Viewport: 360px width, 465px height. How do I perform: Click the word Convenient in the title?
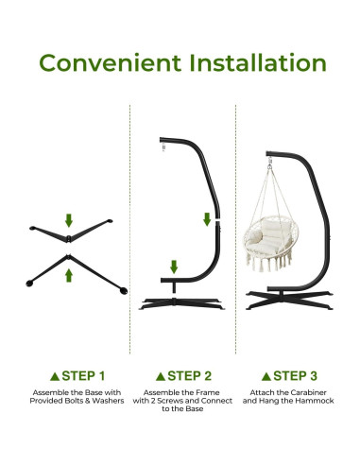coord(107,64)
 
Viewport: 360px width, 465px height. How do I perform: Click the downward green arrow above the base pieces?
coord(68,220)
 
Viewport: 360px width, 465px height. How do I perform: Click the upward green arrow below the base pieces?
coord(68,274)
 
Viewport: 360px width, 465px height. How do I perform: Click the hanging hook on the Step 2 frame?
coord(163,149)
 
